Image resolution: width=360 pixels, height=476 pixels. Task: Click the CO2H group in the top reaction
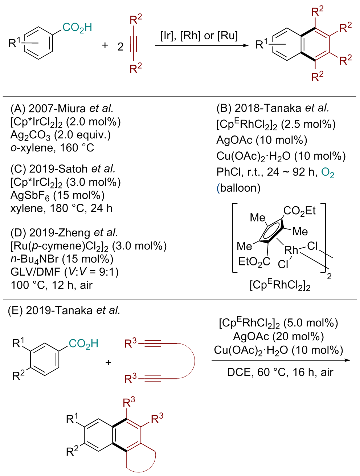click(x=77, y=28)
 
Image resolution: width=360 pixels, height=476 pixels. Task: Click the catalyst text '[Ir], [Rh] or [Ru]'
click(x=199, y=36)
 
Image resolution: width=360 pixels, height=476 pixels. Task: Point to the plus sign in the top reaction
click(x=105, y=45)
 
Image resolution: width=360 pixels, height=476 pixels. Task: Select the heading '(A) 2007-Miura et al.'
click(x=62, y=108)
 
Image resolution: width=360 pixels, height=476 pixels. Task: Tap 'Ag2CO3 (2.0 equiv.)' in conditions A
click(x=61, y=135)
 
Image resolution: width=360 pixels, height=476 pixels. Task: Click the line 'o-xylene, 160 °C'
click(x=52, y=148)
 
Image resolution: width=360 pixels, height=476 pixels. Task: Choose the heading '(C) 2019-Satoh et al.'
click(x=63, y=169)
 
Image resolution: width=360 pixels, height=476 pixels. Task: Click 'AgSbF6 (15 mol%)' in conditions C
click(x=57, y=195)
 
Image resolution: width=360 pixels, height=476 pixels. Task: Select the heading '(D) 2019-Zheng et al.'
click(x=64, y=232)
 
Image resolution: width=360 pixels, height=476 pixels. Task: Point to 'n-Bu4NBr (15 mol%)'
click(x=62, y=259)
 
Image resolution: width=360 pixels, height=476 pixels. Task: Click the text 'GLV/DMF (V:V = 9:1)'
click(x=65, y=272)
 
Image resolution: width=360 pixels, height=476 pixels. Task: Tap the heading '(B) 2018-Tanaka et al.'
click(x=273, y=108)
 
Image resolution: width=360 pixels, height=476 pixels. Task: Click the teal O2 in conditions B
click(x=327, y=172)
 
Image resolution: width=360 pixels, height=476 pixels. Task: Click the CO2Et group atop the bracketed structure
click(x=299, y=211)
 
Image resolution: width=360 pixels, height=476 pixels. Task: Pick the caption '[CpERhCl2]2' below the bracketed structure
click(x=280, y=285)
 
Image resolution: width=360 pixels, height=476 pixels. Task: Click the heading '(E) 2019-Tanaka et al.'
click(x=64, y=310)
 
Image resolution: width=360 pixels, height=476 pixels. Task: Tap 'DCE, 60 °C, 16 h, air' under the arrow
click(x=280, y=372)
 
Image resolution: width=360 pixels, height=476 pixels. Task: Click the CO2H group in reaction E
click(x=83, y=344)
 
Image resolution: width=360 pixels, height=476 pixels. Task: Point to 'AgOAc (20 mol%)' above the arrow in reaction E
click(x=278, y=337)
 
